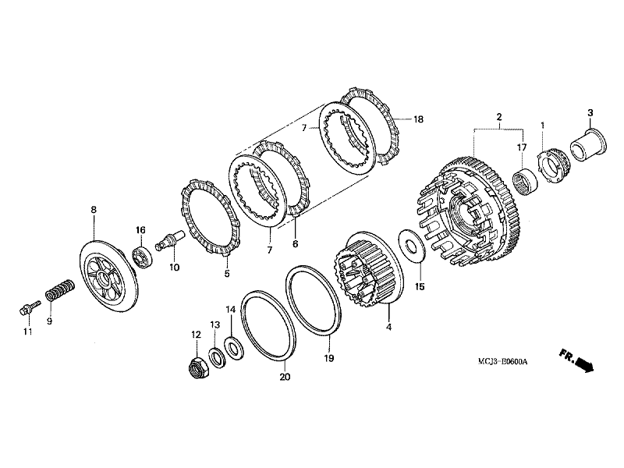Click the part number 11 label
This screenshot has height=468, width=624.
28,332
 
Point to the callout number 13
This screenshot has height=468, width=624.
214,324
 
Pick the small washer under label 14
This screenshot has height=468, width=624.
232,343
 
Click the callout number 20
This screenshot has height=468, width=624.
285,378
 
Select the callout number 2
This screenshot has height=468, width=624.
498,118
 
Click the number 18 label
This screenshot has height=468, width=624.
418,119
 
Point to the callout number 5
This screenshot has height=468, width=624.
227,274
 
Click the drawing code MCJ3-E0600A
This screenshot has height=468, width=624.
503,362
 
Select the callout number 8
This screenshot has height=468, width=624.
94,210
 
